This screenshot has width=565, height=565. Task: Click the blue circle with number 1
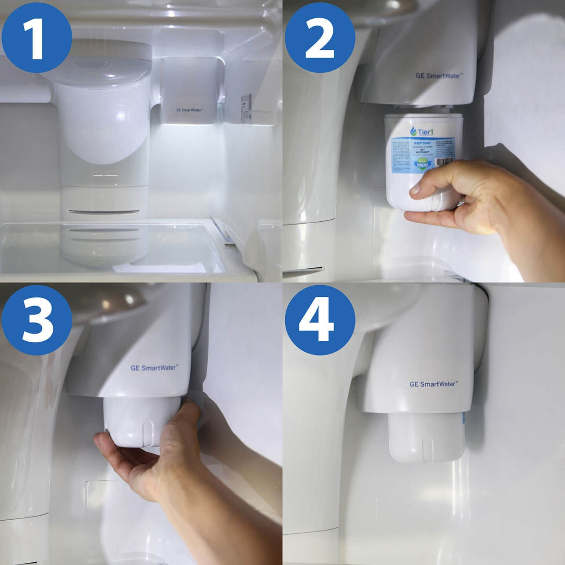(37, 37)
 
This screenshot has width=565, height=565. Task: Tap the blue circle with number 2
(320, 37)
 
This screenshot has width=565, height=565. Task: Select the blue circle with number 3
(37, 320)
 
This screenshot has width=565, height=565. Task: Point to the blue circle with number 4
(320, 320)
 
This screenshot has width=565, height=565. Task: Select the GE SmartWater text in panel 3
(154, 368)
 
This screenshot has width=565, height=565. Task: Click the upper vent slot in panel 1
(104, 212)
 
